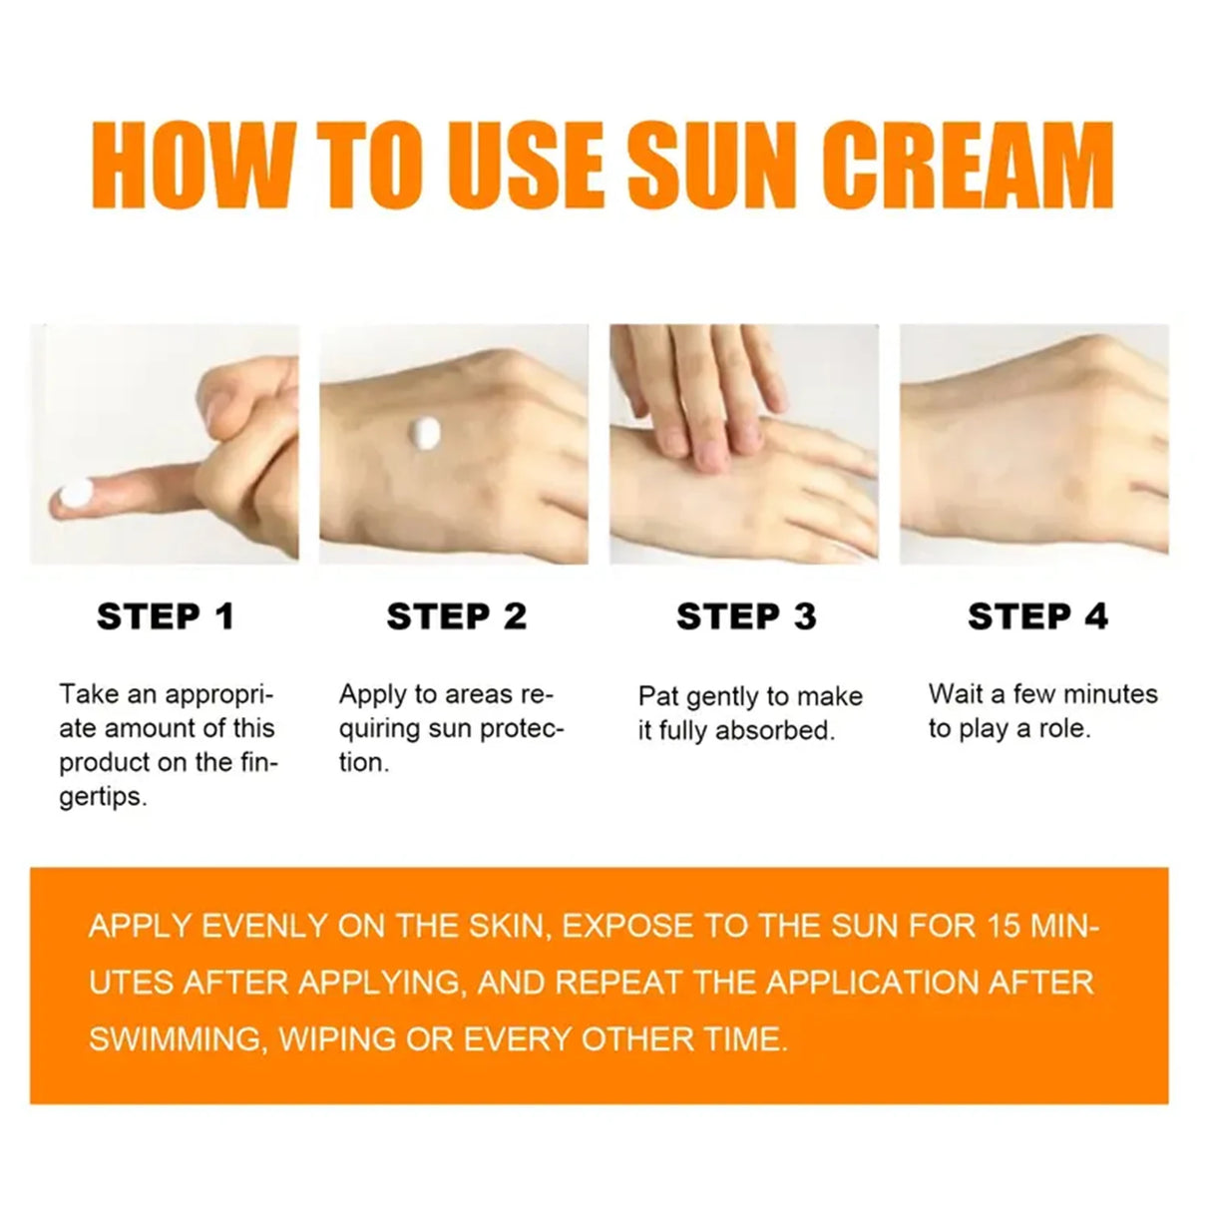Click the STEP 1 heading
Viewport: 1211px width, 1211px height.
(166, 616)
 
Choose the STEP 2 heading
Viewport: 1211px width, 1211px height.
(456, 616)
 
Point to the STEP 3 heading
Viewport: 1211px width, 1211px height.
(746, 616)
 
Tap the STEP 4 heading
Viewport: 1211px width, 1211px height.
(1037, 616)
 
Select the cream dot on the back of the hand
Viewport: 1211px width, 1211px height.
(425, 432)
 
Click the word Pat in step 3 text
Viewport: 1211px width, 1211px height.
(658, 696)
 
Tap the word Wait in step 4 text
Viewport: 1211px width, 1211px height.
(955, 694)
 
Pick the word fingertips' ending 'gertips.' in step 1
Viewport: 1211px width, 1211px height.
(103, 798)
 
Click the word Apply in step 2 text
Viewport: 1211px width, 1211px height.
(372, 694)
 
